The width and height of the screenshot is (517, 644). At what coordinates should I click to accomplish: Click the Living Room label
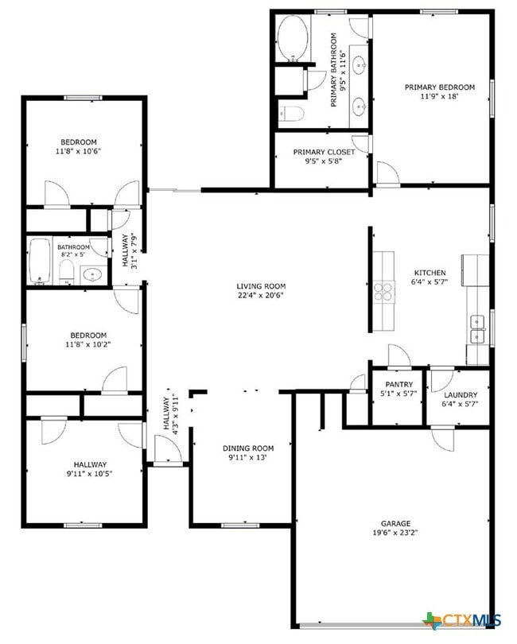point(260,286)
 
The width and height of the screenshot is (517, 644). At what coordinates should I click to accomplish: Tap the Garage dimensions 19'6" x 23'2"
point(395,533)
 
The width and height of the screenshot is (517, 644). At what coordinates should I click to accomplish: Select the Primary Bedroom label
point(439,87)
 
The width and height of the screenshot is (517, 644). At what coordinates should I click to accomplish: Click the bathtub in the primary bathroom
point(293,41)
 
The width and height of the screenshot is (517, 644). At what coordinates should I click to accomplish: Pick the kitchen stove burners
point(383,291)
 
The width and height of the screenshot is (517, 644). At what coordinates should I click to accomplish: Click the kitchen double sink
point(478,322)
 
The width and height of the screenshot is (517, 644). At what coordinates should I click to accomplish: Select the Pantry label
point(398,385)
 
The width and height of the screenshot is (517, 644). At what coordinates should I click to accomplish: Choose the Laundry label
point(461,395)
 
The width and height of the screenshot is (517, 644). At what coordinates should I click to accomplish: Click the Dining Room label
point(247,448)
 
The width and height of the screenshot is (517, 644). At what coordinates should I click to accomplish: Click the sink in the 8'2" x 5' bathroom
point(93,274)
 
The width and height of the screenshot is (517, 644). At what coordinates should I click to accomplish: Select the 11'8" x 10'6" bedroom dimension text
point(78,151)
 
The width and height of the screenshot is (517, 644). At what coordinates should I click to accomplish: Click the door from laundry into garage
point(442,437)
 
